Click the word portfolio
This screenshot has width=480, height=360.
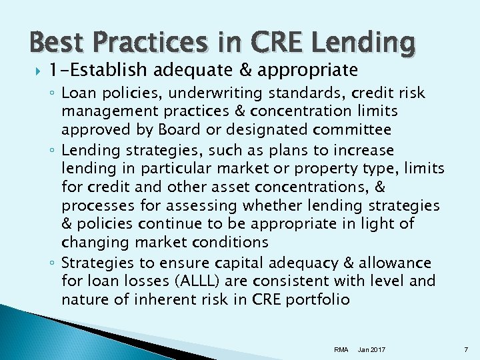319,299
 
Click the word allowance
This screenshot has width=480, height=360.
393,263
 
